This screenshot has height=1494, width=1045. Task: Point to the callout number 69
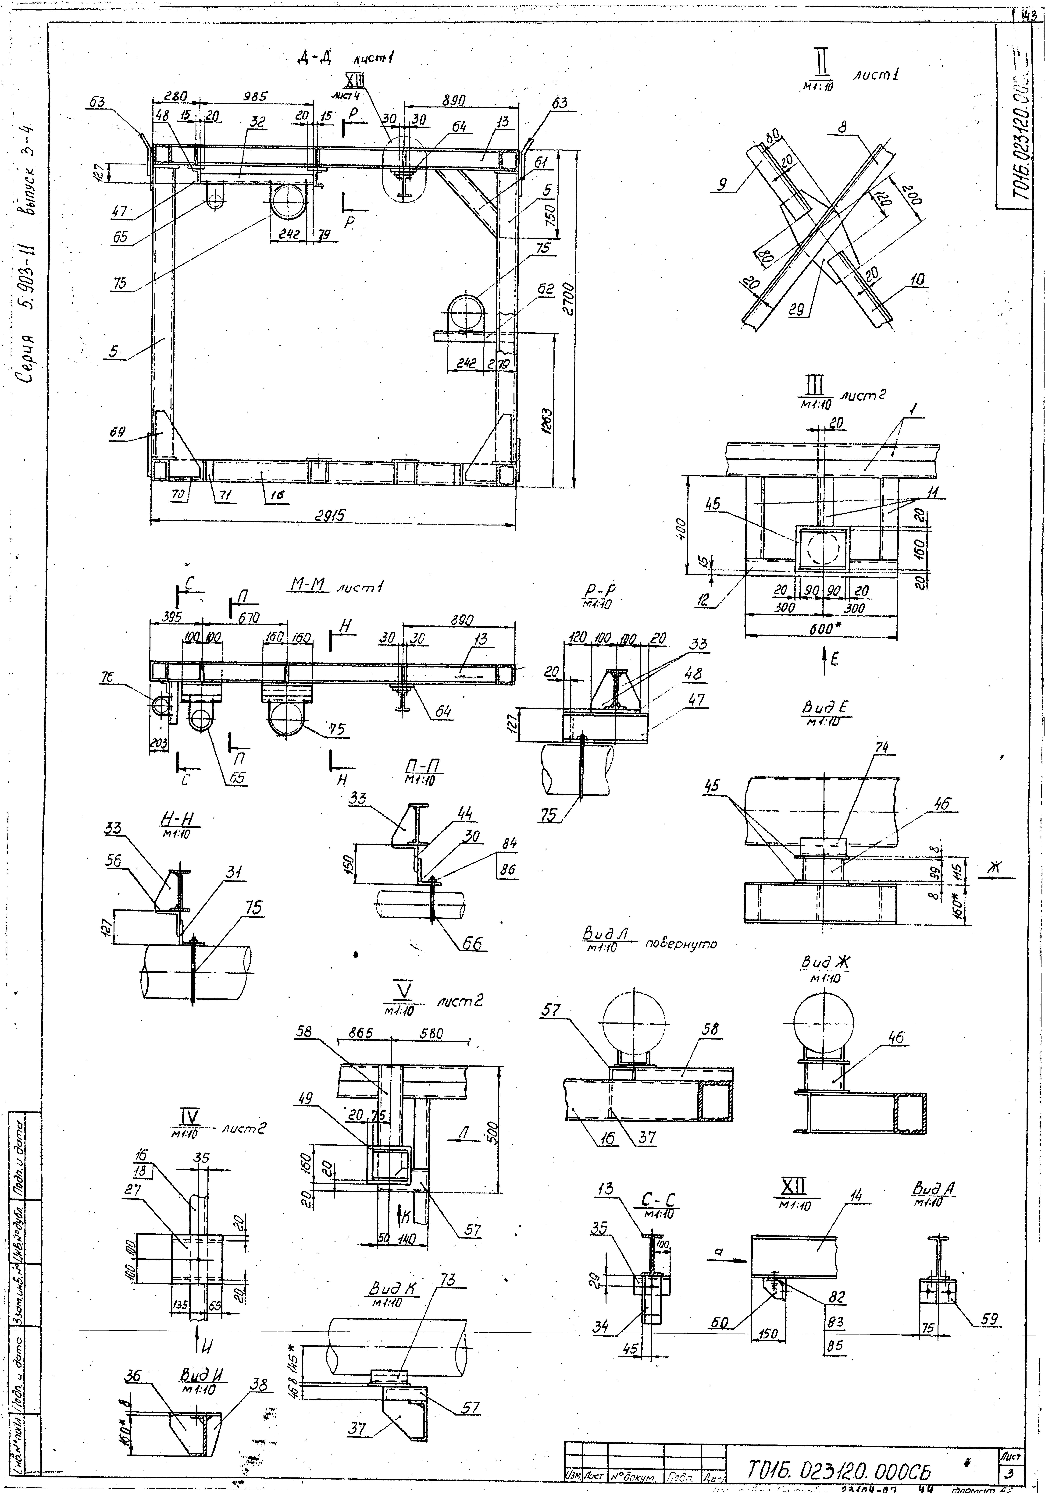tap(118, 432)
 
